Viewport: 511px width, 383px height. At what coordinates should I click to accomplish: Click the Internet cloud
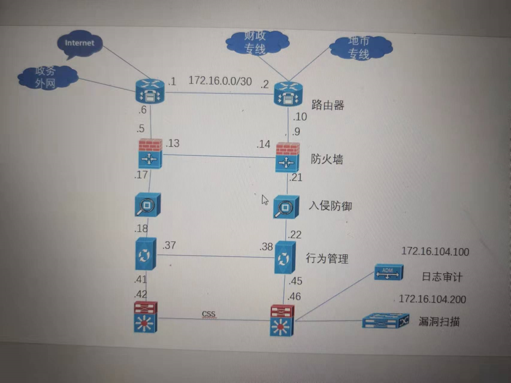point(80,43)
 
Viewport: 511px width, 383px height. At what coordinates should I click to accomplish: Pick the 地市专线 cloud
point(360,48)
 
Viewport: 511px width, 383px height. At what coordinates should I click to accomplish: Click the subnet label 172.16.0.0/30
point(220,81)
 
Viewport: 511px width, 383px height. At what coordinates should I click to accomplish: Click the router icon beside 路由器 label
point(288,94)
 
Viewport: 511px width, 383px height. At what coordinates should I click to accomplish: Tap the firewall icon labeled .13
point(150,154)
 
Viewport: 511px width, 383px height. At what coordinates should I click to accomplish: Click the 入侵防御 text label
point(330,206)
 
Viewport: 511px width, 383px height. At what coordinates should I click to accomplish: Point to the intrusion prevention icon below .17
point(147,205)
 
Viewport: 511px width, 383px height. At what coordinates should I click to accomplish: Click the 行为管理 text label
point(327,258)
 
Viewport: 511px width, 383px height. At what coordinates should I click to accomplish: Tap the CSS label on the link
point(208,314)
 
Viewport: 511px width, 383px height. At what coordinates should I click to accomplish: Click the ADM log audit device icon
point(388,272)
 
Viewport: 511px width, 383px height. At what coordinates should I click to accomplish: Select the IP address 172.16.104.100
point(435,252)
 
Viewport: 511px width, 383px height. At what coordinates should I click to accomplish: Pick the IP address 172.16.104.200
point(432,299)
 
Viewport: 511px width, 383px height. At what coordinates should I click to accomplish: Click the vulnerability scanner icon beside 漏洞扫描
point(385,321)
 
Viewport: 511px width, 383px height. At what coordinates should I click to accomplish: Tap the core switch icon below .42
point(146,317)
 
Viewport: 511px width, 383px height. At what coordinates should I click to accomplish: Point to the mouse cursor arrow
point(265,200)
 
